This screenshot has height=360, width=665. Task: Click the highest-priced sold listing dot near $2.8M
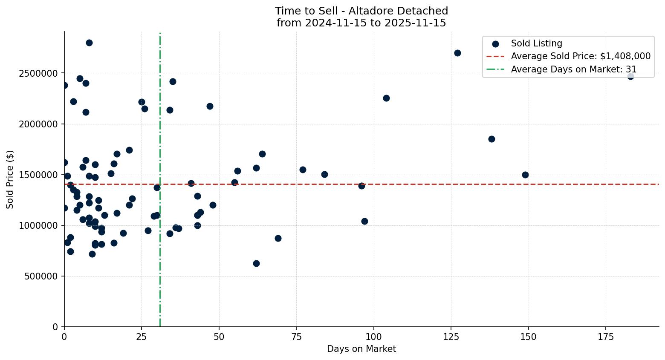point(89,43)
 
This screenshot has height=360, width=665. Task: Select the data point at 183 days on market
point(630,76)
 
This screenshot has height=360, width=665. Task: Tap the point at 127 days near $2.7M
point(457,53)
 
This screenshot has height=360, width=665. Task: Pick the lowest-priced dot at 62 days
point(256,263)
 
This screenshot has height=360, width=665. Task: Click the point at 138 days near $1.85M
point(492,139)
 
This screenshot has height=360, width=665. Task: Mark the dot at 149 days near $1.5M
point(525,175)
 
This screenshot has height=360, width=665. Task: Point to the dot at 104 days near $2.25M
point(386,98)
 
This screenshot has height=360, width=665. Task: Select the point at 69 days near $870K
point(278,238)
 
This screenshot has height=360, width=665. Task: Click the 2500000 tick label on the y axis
point(38,73)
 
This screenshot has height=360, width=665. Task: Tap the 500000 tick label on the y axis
point(41,276)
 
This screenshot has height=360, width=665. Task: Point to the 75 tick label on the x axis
point(296,337)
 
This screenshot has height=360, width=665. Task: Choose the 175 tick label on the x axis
point(606,337)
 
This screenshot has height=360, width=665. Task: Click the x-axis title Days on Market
point(361,349)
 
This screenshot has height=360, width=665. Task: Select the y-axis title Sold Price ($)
point(10,179)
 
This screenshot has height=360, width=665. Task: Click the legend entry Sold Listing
point(536,43)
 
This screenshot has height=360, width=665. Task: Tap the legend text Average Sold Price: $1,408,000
point(581,56)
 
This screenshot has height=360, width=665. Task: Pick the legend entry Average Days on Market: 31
point(574,69)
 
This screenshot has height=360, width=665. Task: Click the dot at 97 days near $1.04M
point(364,221)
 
